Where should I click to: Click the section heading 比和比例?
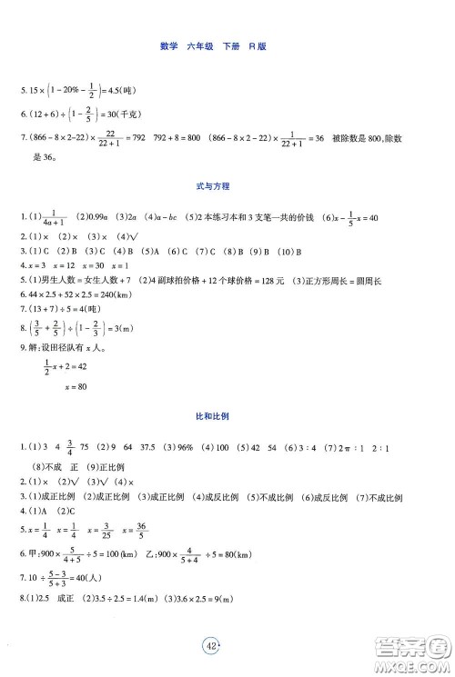227,414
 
